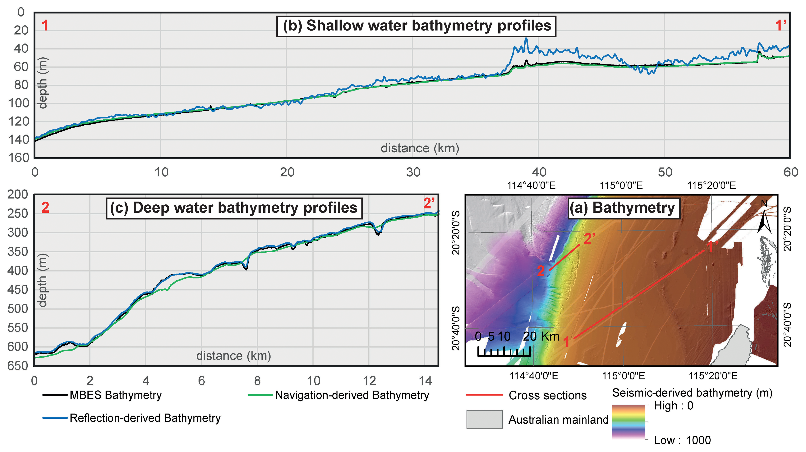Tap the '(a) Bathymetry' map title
coord(624,208)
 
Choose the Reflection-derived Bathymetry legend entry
coord(131,418)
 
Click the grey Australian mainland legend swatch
coord(484,419)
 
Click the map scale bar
coord(504,351)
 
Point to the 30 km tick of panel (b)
coord(413,172)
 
